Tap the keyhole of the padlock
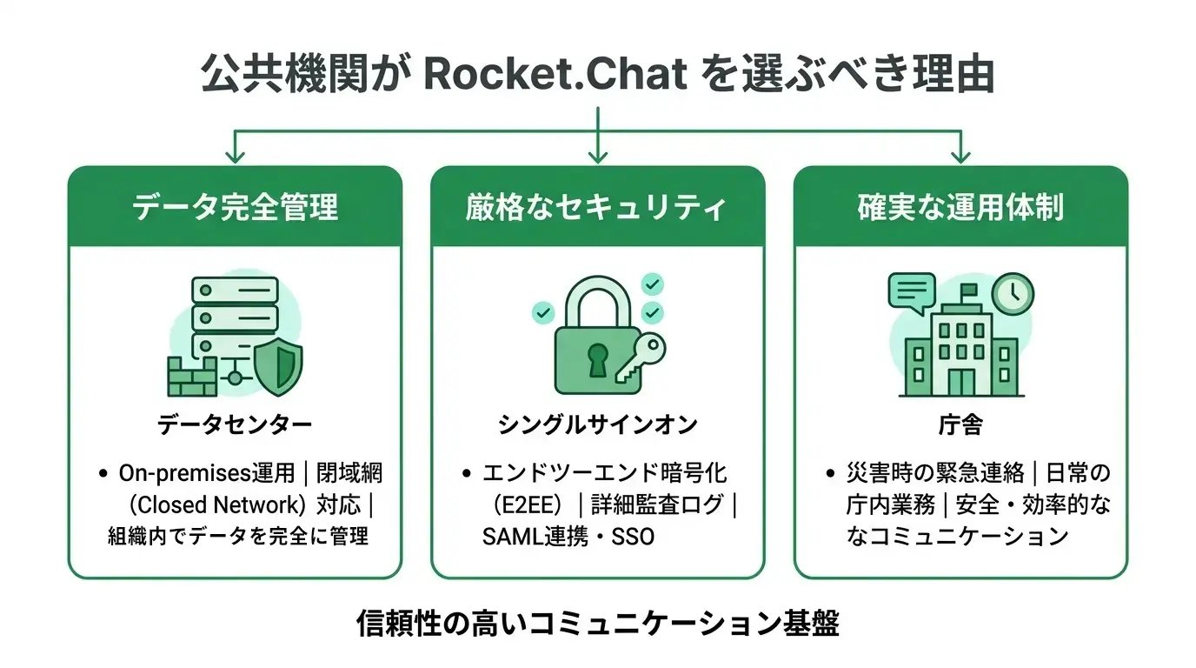(597, 359)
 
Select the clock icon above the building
(1013, 295)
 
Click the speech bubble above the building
(911, 291)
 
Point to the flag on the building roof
(968, 291)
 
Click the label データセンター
(235, 425)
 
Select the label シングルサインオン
(597, 425)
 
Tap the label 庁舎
(960, 425)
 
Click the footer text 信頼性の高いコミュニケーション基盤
(597, 624)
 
